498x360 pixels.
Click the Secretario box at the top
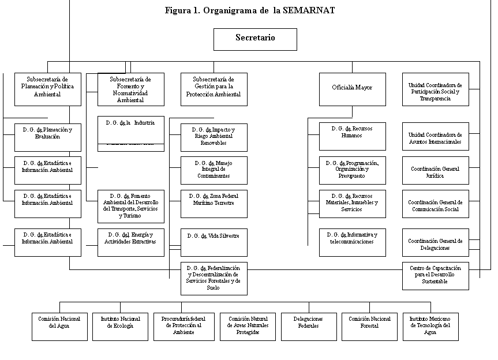[255, 39]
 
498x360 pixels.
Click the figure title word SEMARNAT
[309, 10]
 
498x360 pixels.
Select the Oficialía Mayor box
[352, 89]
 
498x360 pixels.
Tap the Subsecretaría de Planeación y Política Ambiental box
[48, 89]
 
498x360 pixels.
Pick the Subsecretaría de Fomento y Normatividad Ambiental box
[130, 89]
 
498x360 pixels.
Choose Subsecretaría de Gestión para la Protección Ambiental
[214, 89]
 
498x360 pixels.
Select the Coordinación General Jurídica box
[435, 171]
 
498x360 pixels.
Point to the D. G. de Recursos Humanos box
[352, 133]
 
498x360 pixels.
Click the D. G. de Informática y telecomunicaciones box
[352, 241]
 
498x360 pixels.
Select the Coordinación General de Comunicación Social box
[435, 205]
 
